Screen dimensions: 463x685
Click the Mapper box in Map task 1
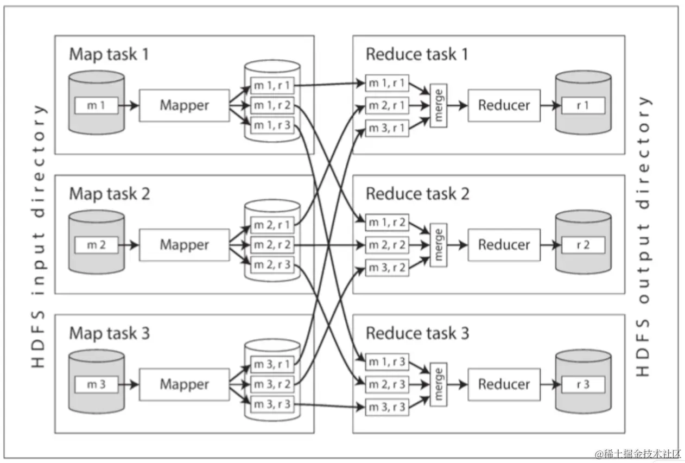[184, 105]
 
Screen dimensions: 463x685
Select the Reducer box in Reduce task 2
[504, 245]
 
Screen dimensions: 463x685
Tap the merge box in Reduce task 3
[438, 384]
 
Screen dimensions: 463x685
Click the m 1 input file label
[96, 105]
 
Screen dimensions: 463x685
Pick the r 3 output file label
[583, 384]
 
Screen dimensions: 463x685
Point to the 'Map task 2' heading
[110, 194]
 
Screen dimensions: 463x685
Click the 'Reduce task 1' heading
[417, 54]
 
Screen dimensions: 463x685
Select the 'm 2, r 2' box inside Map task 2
[272, 245]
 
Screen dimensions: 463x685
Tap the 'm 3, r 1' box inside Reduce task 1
[387, 128]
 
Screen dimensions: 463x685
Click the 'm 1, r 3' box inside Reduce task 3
[387, 361]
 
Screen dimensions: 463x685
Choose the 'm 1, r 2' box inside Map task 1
[272, 105]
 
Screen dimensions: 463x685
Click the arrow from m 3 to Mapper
[129, 384]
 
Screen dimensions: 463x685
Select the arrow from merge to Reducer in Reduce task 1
[457, 105]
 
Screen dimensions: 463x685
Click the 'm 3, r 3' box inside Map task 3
[272, 405]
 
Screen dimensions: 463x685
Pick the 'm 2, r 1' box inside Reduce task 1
[387, 105]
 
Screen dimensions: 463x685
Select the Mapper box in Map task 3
[184, 384]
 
